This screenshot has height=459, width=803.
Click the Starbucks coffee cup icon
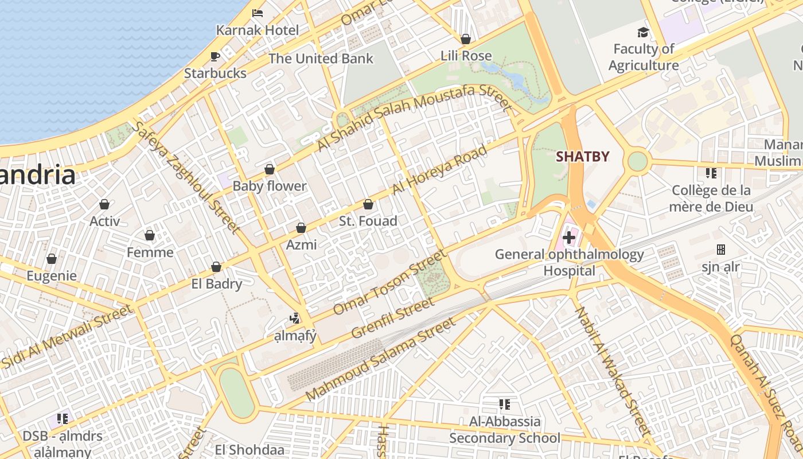(x=215, y=56)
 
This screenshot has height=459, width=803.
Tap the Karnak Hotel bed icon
(x=258, y=13)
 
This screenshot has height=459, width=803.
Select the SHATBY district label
(x=582, y=156)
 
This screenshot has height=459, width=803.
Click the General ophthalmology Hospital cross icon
(x=569, y=237)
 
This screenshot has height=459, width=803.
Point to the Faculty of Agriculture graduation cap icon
(x=643, y=33)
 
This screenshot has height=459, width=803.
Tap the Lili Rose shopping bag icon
(x=466, y=39)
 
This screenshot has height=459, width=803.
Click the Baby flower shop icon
(x=269, y=169)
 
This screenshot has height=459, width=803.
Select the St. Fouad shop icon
(x=368, y=204)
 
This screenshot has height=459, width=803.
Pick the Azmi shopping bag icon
(x=301, y=228)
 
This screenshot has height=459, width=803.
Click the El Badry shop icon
(x=216, y=267)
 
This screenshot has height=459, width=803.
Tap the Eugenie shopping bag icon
(x=52, y=259)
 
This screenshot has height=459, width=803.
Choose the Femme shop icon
(x=150, y=235)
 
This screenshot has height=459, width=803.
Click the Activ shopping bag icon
(x=104, y=204)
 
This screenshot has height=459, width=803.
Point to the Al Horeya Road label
(x=439, y=169)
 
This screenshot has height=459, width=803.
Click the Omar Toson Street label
(x=389, y=282)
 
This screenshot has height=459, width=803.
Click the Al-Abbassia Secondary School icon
(x=505, y=404)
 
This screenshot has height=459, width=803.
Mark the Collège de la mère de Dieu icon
(x=711, y=173)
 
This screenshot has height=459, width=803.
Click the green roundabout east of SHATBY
(x=637, y=161)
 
